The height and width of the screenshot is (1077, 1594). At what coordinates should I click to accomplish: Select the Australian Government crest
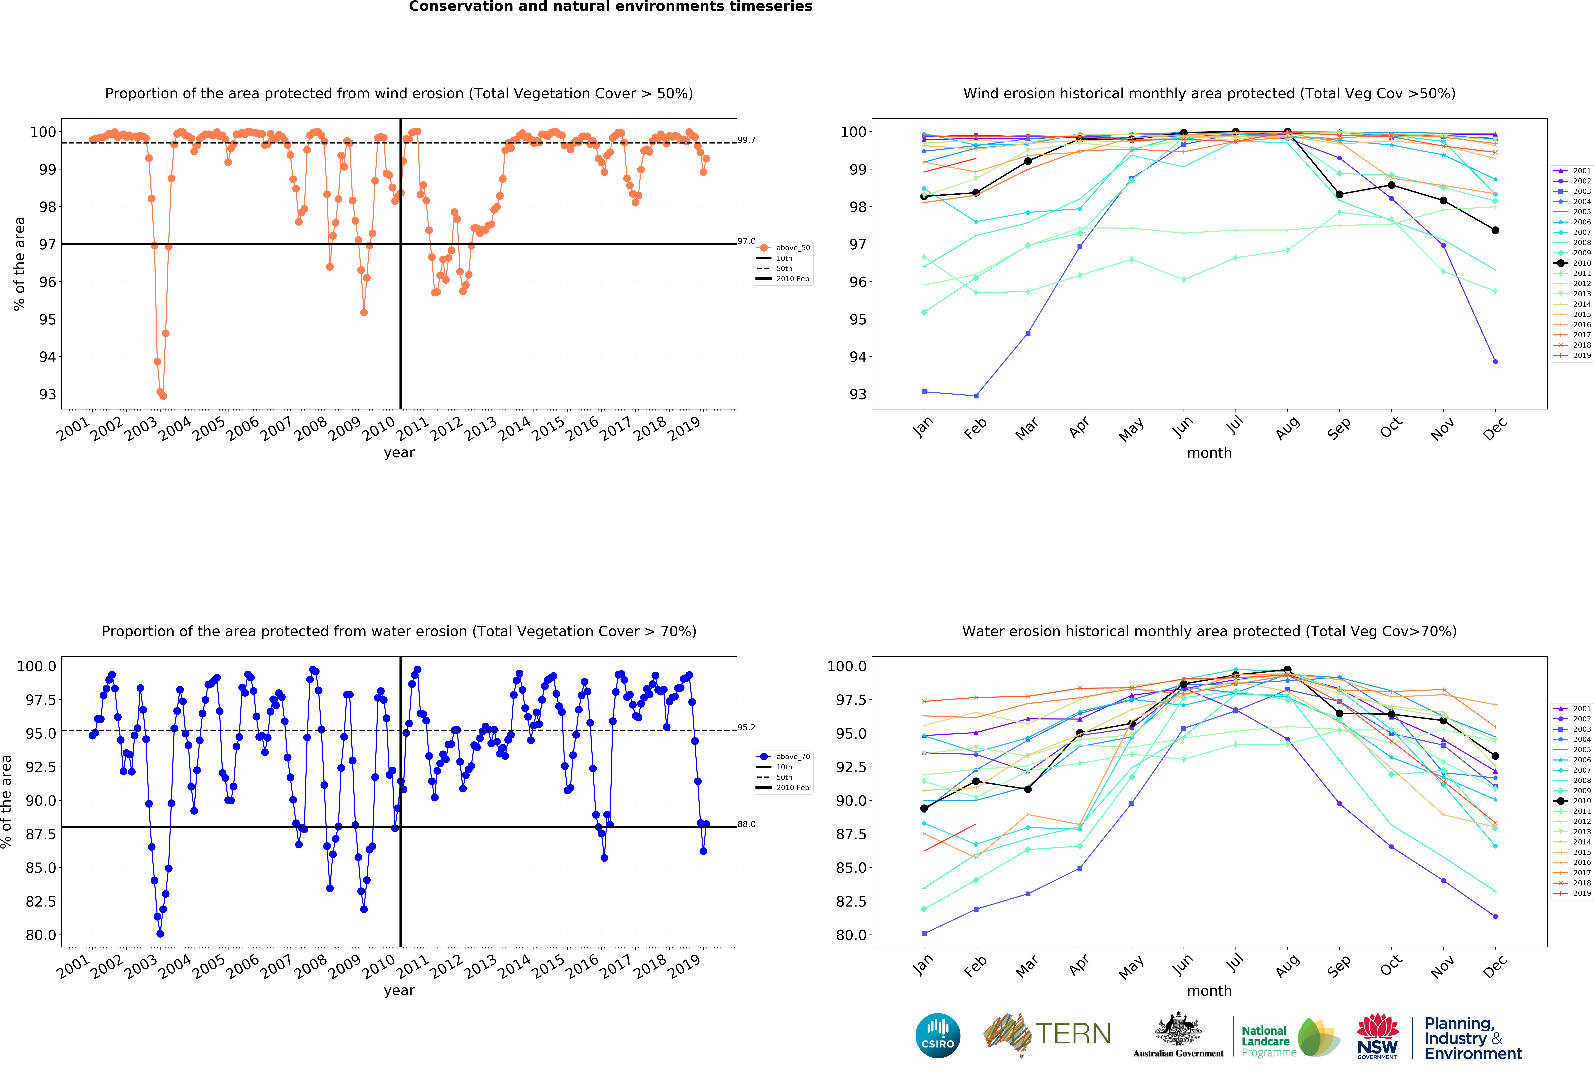click(x=1178, y=1029)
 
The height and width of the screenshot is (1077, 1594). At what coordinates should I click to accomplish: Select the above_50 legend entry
click(x=792, y=248)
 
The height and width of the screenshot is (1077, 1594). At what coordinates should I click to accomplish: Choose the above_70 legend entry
click(x=792, y=757)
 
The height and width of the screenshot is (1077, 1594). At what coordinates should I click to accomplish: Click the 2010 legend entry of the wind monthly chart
click(x=1581, y=263)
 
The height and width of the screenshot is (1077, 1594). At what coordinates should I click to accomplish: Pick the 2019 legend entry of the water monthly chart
click(x=1581, y=893)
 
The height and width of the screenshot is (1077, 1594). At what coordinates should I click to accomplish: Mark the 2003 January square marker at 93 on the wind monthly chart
click(x=924, y=392)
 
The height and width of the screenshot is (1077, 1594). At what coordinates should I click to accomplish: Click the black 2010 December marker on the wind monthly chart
click(x=1495, y=231)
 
